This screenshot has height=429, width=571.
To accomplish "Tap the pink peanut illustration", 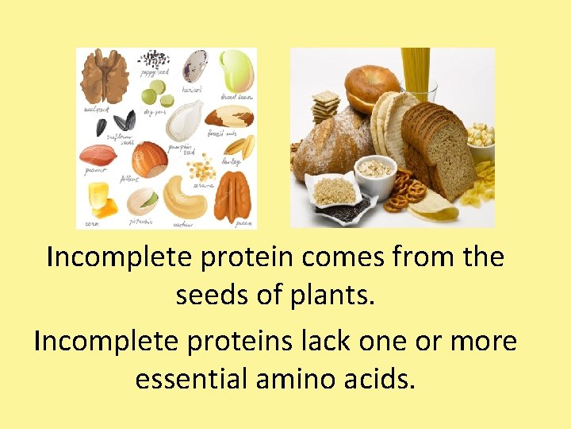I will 98,154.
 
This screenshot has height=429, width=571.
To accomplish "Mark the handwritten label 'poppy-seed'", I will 154,72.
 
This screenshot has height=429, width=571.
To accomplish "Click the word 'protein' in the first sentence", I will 250,258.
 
